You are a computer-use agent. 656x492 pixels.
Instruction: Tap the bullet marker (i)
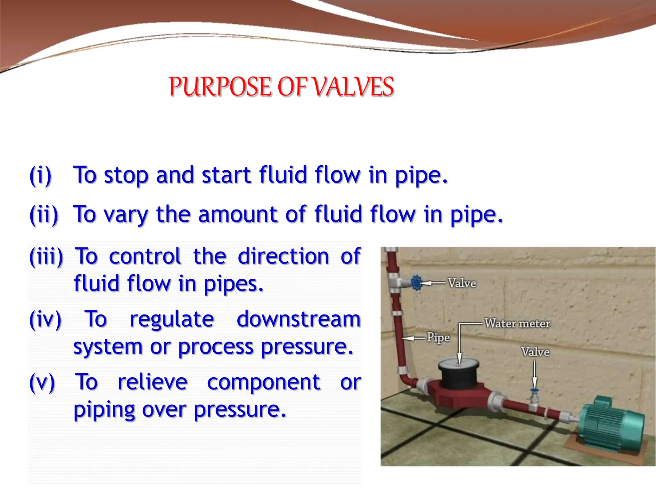click(41, 176)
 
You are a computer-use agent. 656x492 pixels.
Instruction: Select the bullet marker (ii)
click(44, 215)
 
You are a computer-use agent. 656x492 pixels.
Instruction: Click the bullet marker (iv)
click(45, 319)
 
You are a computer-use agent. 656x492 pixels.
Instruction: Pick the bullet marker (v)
click(42, 382)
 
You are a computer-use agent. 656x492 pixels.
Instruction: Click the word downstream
click(299, 319)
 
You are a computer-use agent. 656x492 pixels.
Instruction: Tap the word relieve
click(152, 382)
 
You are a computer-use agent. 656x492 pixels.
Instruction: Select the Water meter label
click(517, 324)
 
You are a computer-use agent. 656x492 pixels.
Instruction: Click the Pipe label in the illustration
click(438, 338)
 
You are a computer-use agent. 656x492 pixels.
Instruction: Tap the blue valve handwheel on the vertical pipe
click(416, 283)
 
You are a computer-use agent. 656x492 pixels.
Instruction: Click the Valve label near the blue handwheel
click(462, 283)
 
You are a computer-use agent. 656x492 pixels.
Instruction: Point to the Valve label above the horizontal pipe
click(535, 352)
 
